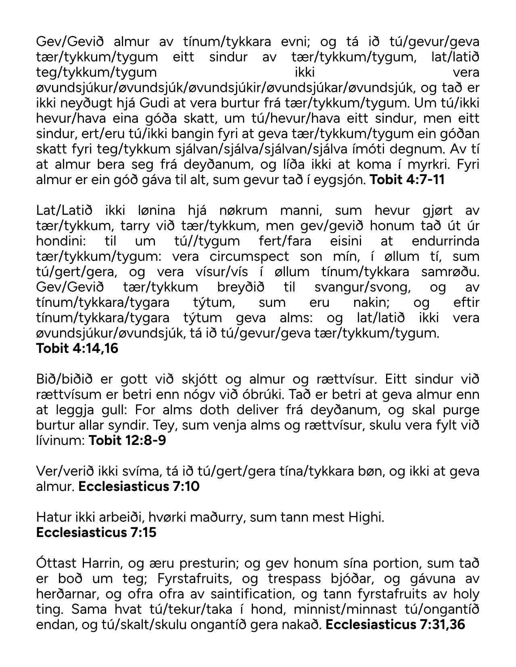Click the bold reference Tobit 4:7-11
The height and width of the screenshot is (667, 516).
(x=407, y=180)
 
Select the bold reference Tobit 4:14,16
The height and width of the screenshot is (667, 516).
(x=77, y=348)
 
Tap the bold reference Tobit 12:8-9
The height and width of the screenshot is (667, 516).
(x=127, y=440)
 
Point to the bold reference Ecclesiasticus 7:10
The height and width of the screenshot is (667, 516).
(x=139, y=486)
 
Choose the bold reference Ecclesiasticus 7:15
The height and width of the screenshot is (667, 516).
(x=96, y=532)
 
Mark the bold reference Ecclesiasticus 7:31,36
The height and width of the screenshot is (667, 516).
(x=395, y=624)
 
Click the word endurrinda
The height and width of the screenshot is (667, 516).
(x=445, y=241)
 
